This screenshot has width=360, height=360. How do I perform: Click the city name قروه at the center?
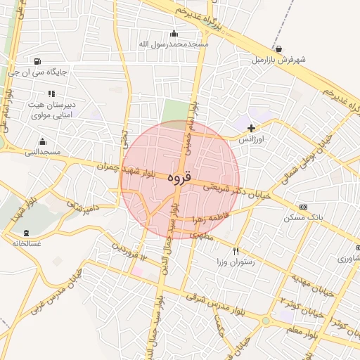coord(180,179)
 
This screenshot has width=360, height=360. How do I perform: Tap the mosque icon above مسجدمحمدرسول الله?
coord(174,33)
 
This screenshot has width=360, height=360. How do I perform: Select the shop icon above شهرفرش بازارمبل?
coord(280,49)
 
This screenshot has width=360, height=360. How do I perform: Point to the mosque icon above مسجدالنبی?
coord(43,141)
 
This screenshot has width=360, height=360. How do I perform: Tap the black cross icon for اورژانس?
coord(252,128)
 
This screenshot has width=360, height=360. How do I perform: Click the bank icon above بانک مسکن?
coord(303,207)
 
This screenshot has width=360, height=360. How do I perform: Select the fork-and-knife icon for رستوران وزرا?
coord(236,251)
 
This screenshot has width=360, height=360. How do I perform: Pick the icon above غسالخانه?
coord(27,233)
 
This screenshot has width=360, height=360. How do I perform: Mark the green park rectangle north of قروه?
coord(177,112)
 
